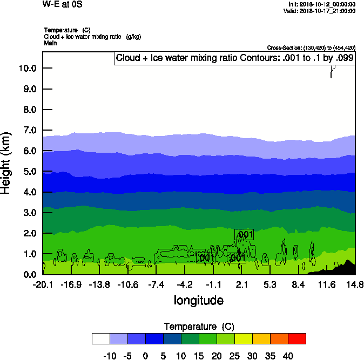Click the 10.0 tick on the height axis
point(28,68)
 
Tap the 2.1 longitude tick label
point(241,284)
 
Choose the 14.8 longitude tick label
point(355,284)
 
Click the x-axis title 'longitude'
point(198,300)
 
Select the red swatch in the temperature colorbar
point(296,338)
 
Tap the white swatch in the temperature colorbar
point(100,338)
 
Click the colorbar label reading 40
point(287,356)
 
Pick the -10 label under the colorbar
point(109,356)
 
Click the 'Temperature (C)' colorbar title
point(198,327)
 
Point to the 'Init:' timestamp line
point(322,4)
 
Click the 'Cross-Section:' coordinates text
point(311,47)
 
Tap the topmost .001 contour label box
point(244,234)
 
